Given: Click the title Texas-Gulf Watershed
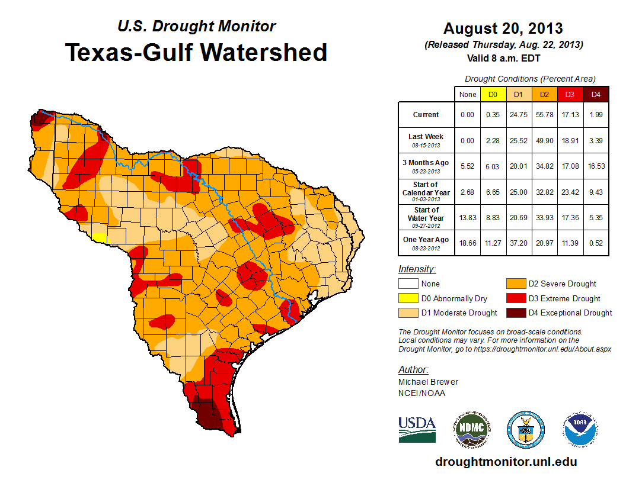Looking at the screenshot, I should [x=196, y=52].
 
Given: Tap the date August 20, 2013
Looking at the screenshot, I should [x=503, y=28].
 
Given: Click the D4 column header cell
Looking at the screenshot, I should [x=596, y=94].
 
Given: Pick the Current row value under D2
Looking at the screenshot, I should [x=545, y=115].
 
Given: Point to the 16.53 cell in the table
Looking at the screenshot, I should [x=596, y=166].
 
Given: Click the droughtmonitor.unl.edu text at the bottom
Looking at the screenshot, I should [x=506, y=462].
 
